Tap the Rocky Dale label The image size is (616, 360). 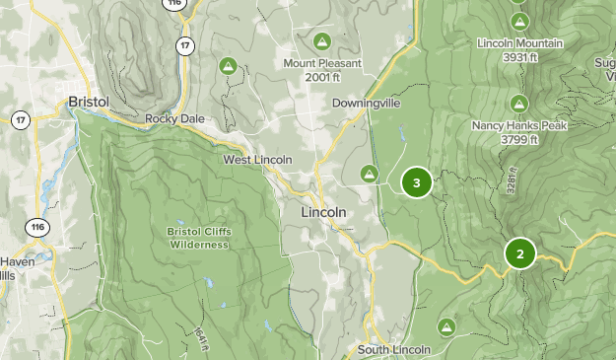(x=174, y=118)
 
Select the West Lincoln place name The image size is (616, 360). (x=257, y=160)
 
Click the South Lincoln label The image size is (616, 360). (x=393, y=349)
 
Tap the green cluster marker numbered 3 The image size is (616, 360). (x=417, y=182)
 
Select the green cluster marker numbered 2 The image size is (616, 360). (x=519, y=253)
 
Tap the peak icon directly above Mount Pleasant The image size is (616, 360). (x=321, y=41)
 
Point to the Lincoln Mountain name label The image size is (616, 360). (x=519, y=43)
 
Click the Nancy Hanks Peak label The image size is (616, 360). (x=518, y=125)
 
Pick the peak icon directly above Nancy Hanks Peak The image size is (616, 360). (x=519, y=102)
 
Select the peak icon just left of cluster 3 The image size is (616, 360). (x=370, y=174)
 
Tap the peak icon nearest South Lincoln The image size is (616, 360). (x=446, y=326)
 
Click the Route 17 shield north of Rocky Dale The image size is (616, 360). (x=184, y=45)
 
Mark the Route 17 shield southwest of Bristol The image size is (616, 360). (x=20, y=120)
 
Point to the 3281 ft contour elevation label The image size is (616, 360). (x=512, y=180)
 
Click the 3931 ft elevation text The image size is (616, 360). (x=519, y=57)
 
